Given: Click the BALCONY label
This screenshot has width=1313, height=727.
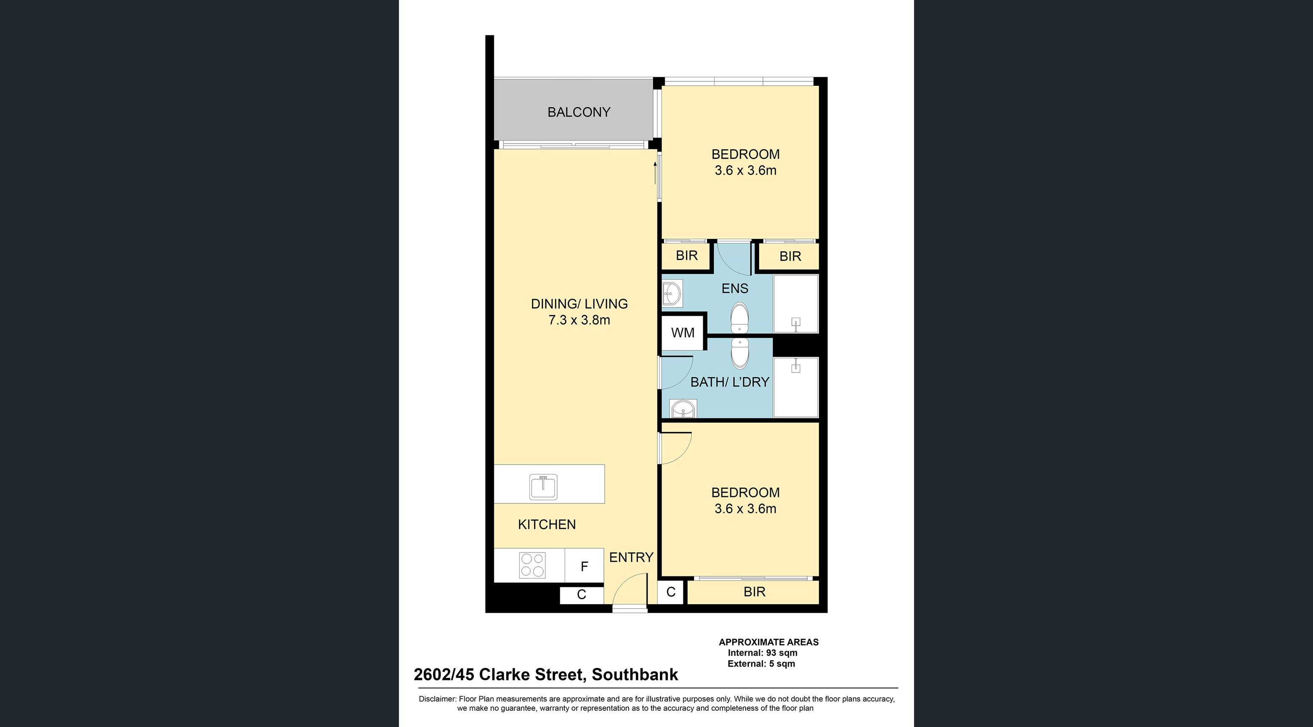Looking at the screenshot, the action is pyautogui.click(x=579, y=112).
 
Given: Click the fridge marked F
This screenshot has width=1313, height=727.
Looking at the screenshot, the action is pyautogui.click(x=585, y=566).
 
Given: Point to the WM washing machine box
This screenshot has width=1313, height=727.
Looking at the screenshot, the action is pyautogui.click(x=683, y=333).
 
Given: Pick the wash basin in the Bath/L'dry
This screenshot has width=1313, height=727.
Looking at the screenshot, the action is pyautogui.click(x=683, y=409).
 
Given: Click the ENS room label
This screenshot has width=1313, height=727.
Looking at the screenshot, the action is pyautogui.click(x=735, y=289).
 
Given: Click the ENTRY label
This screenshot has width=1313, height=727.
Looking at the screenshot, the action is pyautogui.click(x=631, y=557).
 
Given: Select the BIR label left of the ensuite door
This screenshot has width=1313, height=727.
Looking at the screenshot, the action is pyautogui.click(x=686, y=256).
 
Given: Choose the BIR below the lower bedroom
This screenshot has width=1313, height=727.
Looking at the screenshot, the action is pyautogui.click(x=755, y=592).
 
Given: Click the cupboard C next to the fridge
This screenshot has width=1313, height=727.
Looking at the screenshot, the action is pyautogui.click(x=582, y=594).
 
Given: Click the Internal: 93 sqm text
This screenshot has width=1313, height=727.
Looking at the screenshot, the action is pyautogui.click(x=763, y=653).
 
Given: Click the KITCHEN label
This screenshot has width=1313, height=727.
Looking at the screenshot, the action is pyautogui.click(x=547, y=525).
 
